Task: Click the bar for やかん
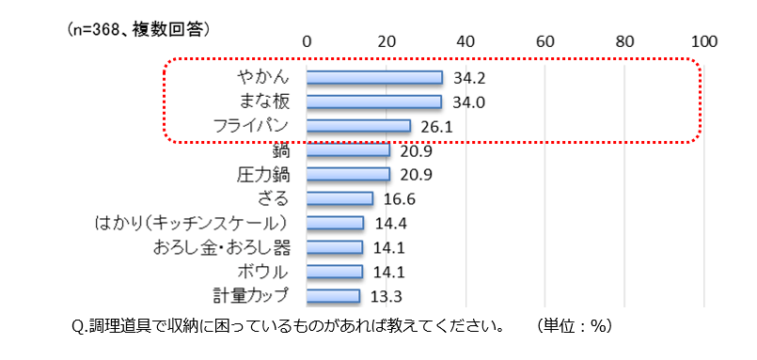pos(374,78)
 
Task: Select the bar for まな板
pos(374,102)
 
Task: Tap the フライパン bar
pos(358,126)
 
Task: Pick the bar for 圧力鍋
pos(348,174)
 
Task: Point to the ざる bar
pos(339,198)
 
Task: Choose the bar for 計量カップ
pos(333,296)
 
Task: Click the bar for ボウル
pos(335,272)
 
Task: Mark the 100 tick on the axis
pos(703,41)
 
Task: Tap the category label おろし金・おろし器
pos(222,248)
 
